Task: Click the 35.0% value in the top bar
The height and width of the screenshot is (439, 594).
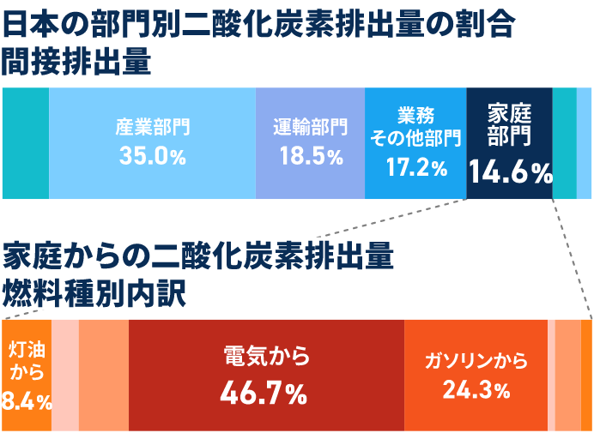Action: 153,156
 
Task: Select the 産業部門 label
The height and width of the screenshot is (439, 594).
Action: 153,129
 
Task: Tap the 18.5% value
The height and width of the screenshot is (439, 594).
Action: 311,156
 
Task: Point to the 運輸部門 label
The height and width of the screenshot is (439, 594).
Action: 311,129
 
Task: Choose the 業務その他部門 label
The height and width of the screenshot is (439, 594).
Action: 416,126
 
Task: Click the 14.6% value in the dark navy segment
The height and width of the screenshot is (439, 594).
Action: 510,173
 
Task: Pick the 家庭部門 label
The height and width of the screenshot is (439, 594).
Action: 510,124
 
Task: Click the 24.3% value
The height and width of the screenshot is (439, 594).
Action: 476,391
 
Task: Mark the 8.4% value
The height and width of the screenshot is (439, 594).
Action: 26,400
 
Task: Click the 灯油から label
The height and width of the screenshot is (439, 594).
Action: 26,360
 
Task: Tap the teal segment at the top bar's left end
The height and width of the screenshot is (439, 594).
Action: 26,143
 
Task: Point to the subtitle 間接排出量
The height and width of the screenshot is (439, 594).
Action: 76,63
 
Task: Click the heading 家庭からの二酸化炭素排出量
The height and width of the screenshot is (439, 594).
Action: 197,255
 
